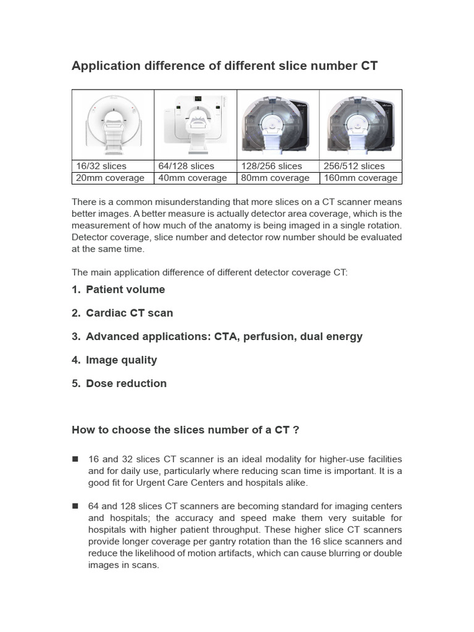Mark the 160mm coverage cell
tap(360, 178)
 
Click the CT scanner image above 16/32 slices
tap(112, 125)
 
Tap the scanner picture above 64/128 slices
tap(195, 125)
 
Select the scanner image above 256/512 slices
tap(360, 125)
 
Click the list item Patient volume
tap(125, 289)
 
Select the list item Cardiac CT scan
tap(129, 313)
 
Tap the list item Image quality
tap(121, 360)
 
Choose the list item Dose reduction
tap(126, 383)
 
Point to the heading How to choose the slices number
tap(186, 430)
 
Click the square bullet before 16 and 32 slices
tap(75, 459)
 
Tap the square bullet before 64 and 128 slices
tap(75, 505)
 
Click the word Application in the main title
tap(103, 66)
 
